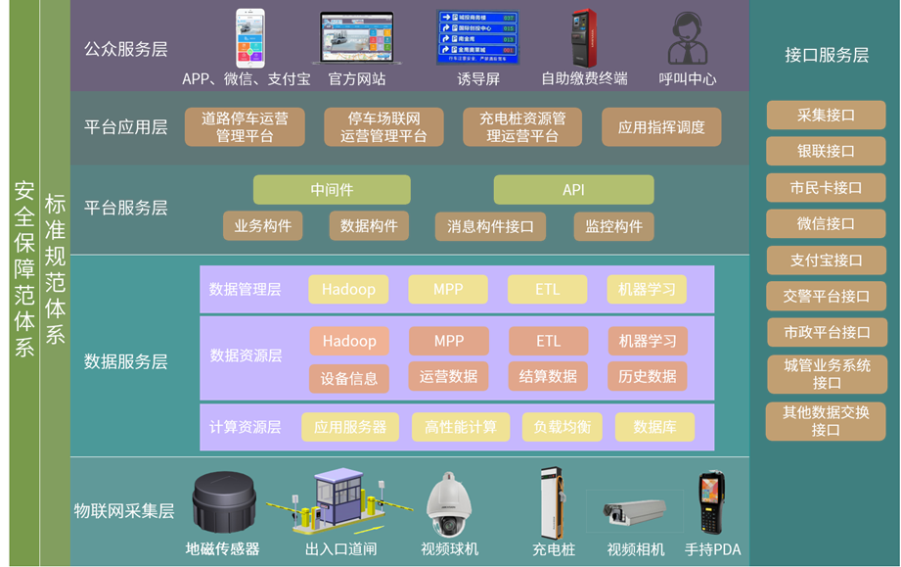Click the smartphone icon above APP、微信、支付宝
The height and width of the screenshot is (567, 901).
[x=249, y=38]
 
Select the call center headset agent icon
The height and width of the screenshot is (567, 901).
[x=687, y=39]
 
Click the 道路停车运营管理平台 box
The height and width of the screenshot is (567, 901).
[x=245, y=127]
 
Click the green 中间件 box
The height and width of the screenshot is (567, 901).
[x=332, y=190]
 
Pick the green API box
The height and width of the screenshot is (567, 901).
[x=573, y=190]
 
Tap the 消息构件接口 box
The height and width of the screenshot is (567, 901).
[x=490, y=226]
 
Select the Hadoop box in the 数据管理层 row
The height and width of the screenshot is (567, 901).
[x=348, y=290]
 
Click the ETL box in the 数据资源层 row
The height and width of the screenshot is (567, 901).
[x=548, y=341]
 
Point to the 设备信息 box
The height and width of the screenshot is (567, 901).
[x=349, y=378]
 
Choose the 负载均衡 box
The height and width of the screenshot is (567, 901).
[x=562, y=427]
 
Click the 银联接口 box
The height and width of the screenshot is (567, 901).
[x=826, y=151]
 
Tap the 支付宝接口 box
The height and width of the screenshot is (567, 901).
[x=826, y=260]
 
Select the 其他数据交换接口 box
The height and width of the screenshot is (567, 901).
[x=826, y=421]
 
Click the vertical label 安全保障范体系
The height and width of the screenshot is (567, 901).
[x=24, y=269]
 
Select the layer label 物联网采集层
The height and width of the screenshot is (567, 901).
[x=124, y=510]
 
